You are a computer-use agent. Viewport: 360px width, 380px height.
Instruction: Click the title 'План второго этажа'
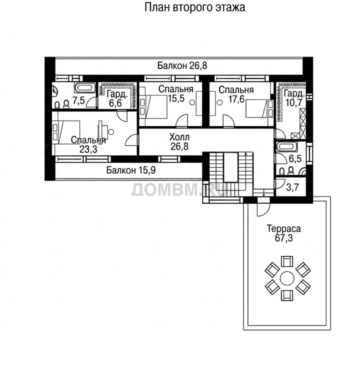194,7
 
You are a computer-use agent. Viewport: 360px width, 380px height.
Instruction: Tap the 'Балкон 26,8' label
182,65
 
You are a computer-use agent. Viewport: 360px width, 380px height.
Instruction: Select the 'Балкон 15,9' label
131,170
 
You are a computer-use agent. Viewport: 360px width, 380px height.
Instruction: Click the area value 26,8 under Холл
179,146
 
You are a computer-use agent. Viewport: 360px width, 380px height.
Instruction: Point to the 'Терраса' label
283,228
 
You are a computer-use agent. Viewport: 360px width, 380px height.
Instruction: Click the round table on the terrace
287,278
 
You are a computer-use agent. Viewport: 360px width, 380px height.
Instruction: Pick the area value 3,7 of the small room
292,187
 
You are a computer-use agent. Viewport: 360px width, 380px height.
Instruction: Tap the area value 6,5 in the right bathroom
295,158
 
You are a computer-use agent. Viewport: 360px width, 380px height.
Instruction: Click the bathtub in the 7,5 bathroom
85,87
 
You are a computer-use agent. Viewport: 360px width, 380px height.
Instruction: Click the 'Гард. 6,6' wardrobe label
117,98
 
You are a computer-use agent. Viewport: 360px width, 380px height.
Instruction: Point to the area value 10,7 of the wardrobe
294,102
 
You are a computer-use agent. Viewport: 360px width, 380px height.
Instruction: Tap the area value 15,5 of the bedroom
176,98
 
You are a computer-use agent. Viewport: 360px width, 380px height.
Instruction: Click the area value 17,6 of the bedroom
236,99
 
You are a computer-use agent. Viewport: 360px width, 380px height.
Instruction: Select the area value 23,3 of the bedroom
88,149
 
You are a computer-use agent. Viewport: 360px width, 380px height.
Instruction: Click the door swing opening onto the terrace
263,209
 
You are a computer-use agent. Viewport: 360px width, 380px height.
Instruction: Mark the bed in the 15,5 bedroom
153,106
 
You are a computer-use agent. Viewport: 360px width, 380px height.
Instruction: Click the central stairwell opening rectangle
230,167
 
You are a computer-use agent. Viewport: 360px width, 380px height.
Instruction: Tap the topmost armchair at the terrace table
287,261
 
